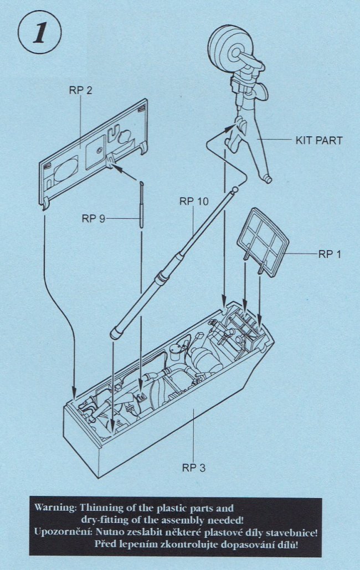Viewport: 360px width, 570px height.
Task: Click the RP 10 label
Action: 194,201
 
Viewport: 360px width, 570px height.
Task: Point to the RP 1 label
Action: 330,255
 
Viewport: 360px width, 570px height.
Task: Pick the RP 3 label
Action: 194,468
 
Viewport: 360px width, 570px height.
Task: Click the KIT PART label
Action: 318,141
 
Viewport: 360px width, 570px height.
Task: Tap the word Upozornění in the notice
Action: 63,532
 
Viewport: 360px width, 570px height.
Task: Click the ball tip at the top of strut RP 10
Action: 235,190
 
